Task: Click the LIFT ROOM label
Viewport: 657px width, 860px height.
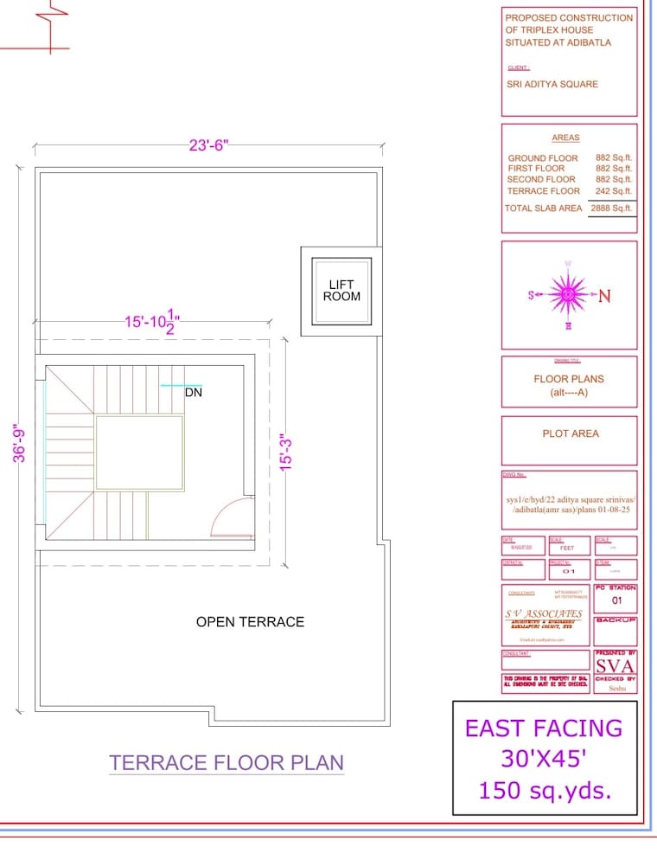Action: [341, 290]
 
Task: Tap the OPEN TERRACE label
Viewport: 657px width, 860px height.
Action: [250, 621]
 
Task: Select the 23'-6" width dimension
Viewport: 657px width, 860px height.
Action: [208, 145]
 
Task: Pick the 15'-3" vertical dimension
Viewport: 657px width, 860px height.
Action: [286, 451]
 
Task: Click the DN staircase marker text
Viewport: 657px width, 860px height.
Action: [193, 392]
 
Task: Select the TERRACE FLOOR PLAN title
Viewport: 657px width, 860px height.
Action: [226, 762]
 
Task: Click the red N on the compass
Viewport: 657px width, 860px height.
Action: [604, 296]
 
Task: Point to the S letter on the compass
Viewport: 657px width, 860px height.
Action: [531, 295]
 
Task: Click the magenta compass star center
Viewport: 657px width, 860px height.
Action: [568, 295]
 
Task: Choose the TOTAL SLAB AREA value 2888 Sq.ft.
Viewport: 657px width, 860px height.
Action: [611, 208]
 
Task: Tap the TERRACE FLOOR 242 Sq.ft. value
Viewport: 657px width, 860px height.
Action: [614, 190]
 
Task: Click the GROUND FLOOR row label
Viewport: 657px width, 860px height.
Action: [542, 158]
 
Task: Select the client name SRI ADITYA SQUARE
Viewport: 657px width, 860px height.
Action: [552, 84]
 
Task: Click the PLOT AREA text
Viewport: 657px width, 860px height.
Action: [570, 433]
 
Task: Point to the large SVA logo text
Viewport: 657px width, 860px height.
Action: [615, 665]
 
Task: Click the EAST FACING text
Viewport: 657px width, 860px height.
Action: [544, 728]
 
